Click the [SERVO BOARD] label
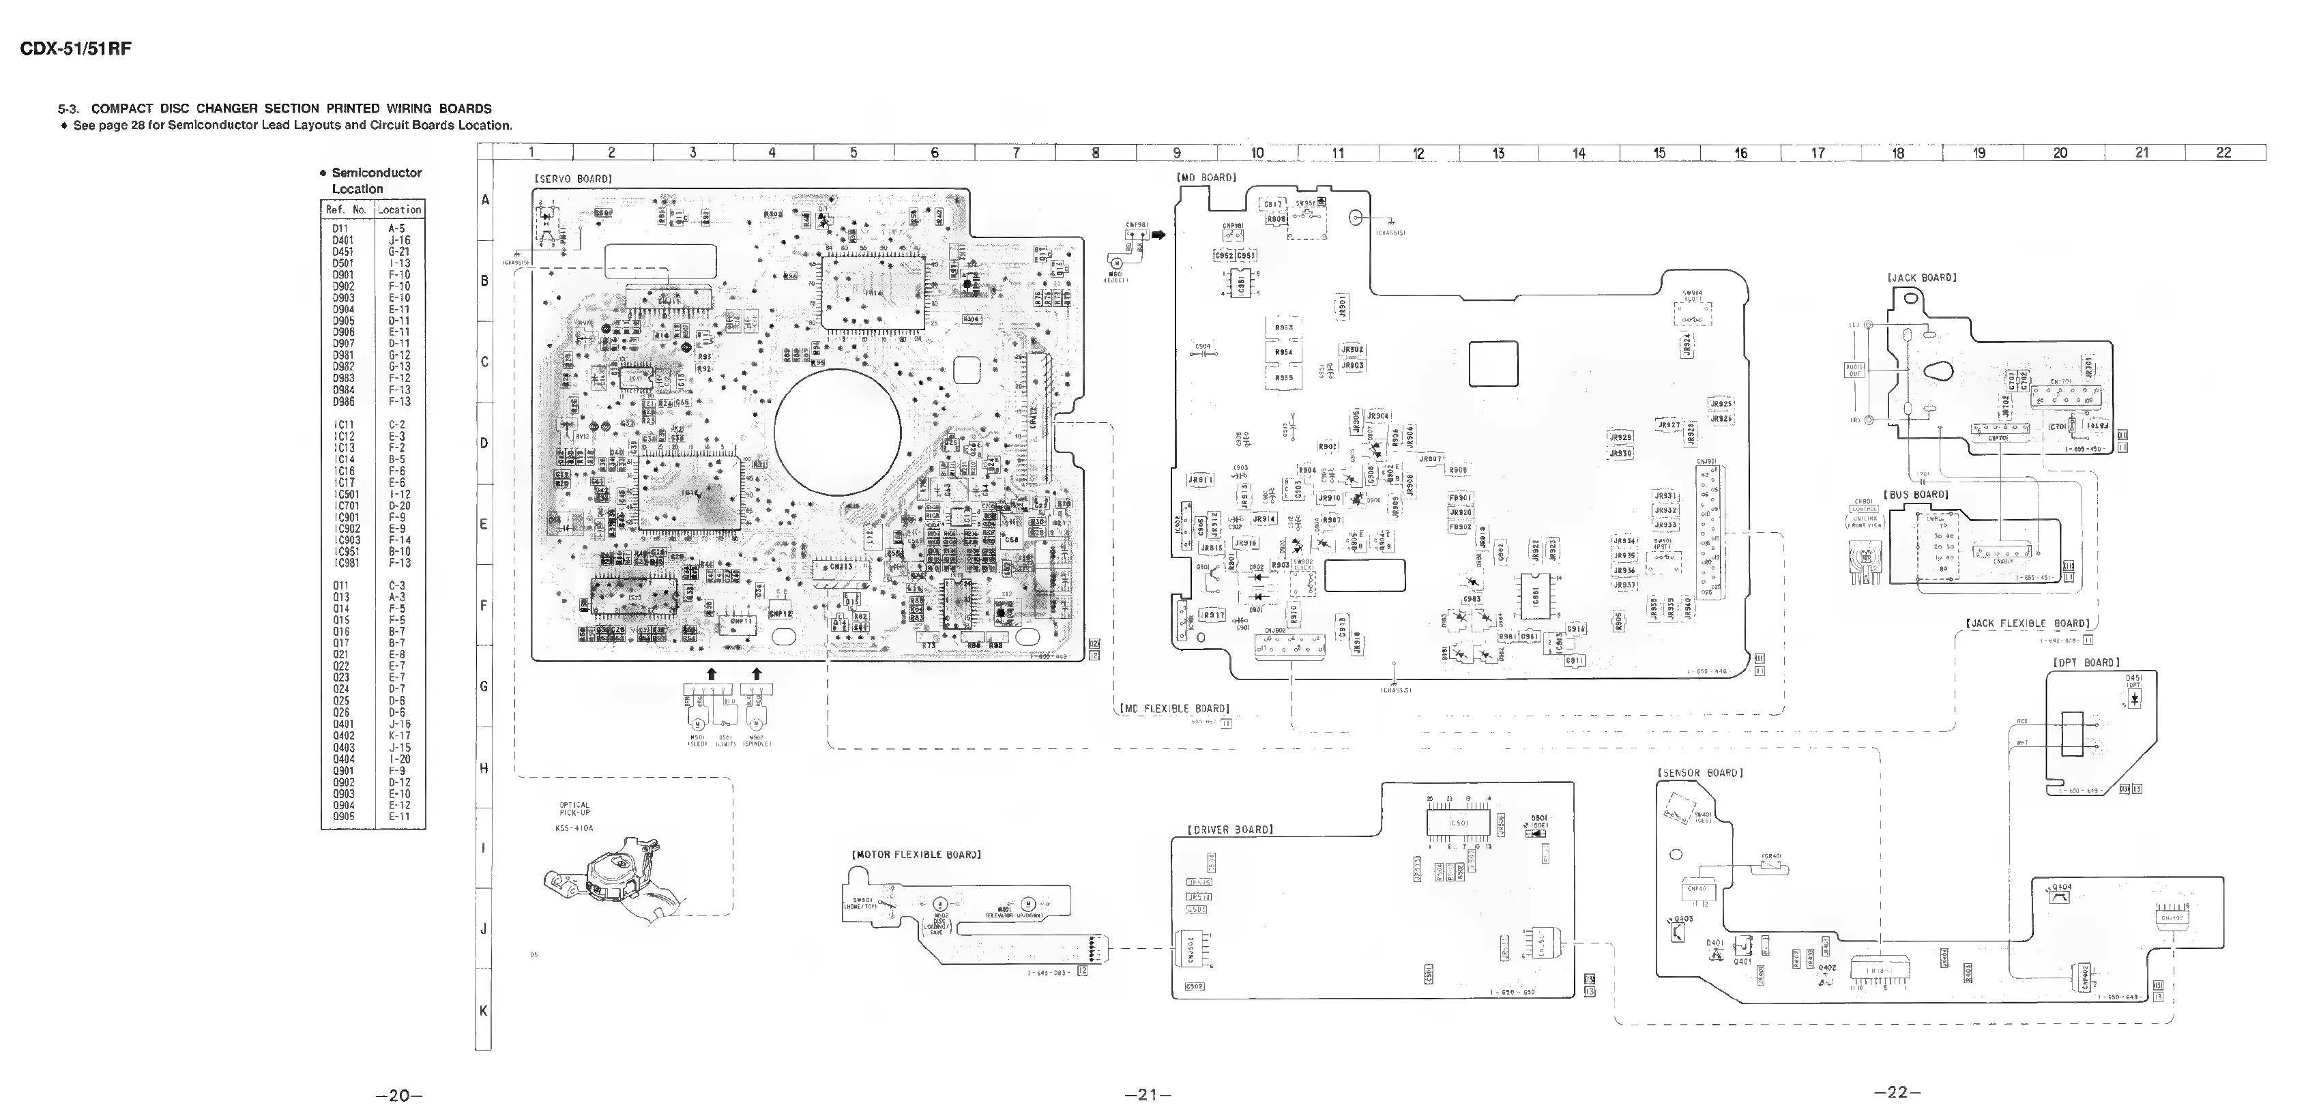573,179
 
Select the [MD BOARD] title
1206,177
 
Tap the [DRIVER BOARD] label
1230,830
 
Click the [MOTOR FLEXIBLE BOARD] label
916,855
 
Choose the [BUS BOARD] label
1916,495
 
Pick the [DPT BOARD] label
2086,662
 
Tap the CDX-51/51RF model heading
76,49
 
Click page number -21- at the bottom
1148,1094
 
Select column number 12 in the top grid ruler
1418,153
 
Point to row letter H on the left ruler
484,767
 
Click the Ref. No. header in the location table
347,209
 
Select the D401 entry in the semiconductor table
343,240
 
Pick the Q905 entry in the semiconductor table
343,816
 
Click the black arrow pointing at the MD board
1159,235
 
